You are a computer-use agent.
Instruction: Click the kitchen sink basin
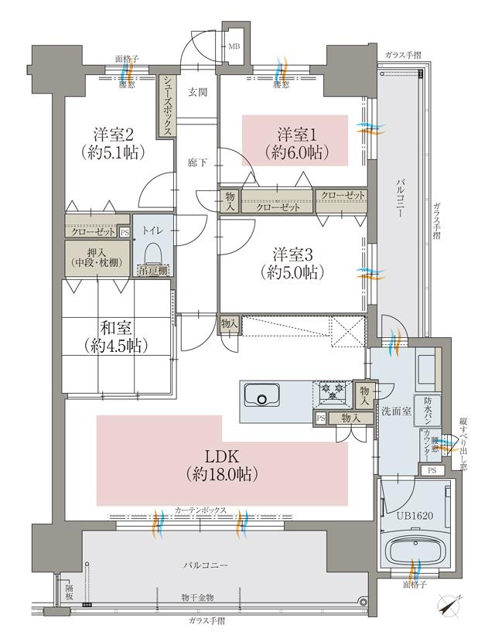[x=263, y=398]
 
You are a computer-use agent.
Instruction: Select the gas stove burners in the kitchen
[x=333, y=394]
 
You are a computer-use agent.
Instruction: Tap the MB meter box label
[x=234, y=46]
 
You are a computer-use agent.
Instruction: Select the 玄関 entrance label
[x=196, y=92]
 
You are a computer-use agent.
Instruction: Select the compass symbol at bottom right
[x=449, y=605]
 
